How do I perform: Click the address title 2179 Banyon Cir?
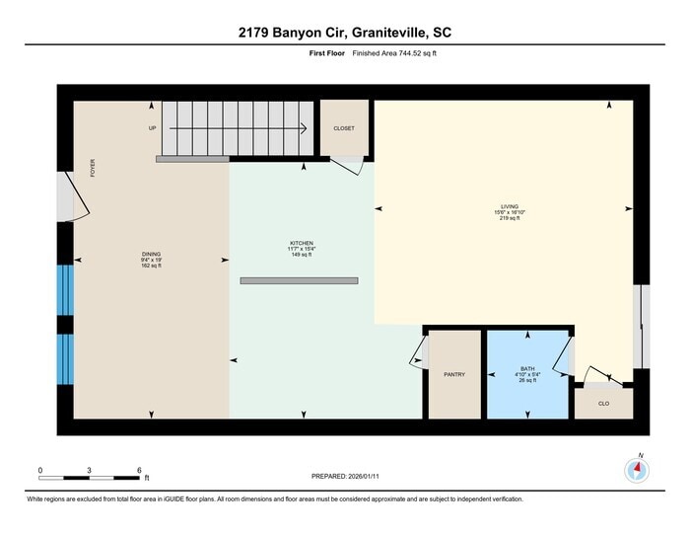pos(345,33)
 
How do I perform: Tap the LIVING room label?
pos(509,206)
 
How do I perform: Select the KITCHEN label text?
pos(301,242)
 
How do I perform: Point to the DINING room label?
pos(151,254)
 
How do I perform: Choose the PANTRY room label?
pos(453,374)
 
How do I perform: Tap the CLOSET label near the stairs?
pos(344,128)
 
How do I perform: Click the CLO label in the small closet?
pos(604,403)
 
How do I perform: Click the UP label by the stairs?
pos(152,128)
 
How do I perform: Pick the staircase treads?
pos(237,126)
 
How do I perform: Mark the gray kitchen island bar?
pos(298,281)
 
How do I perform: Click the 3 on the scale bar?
pos(90,470)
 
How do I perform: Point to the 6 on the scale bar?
pos(139,470)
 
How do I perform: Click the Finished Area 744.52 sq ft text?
pos(394,54)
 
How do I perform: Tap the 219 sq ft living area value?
pos(509,217)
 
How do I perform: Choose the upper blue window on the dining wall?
pos(65,289)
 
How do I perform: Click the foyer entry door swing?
pos(74,199)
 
